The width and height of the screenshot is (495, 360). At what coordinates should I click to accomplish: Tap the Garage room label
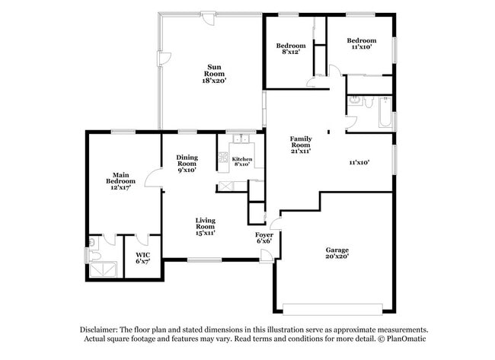click(337, 253)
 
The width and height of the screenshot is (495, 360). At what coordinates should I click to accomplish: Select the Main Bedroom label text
click(120, 181)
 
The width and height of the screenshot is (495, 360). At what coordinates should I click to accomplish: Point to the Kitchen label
click(242, 161)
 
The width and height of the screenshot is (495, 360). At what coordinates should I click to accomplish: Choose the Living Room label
click(205, 226)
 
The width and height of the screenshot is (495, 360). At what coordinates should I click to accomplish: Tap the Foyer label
click(263, 238)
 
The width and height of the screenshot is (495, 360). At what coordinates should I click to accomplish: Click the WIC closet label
click(142, 258)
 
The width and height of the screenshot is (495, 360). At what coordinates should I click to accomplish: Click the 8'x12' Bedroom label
click(290, 49)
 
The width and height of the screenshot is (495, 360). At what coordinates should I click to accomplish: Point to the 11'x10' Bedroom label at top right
click(361, 43)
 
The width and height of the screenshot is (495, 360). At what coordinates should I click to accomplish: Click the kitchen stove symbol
click(223, 158)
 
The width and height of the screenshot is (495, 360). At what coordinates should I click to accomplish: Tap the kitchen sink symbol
click(241, 139)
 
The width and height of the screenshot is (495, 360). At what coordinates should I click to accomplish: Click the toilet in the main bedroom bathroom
click(92, 244)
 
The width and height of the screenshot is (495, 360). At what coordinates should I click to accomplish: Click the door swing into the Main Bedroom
click(155, 177)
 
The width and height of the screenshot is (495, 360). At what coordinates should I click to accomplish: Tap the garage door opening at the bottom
click(332, 307)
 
